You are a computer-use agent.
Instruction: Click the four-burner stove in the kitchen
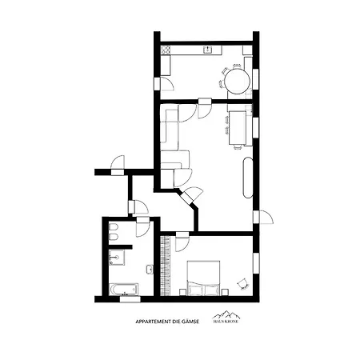point(166,50)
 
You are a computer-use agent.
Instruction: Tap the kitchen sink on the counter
point(208,50)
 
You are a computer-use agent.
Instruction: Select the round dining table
point(237,81)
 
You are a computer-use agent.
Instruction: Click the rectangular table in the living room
point(238,128)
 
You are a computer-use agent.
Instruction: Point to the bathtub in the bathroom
point(124,289)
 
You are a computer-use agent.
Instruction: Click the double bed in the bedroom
point(203,278)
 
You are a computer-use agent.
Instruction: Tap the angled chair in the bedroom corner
point(243,284)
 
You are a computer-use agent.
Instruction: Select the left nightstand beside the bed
point(182,292)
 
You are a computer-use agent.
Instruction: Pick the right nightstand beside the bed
point(225,292)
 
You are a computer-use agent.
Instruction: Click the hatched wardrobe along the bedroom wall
point(165,266)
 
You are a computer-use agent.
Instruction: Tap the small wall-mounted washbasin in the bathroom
point(150,270)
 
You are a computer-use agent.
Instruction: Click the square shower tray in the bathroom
point(117,258)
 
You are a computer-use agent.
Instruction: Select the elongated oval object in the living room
point(248,178)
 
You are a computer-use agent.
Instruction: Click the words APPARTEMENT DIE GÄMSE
point(167,322)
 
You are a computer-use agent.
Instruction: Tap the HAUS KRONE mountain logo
point(226,317)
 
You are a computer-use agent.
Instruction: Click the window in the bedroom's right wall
point(256,263)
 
